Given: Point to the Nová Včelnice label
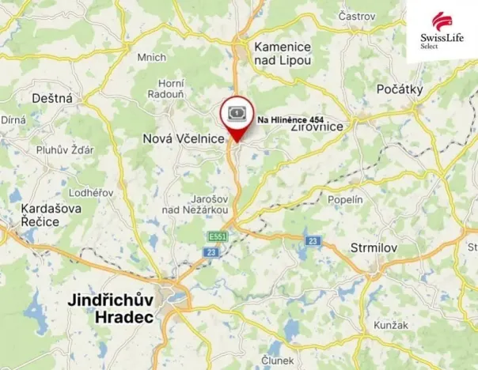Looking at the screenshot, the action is click(184, 138).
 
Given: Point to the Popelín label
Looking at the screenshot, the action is click(344, 200).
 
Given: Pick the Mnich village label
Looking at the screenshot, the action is click(151, 57).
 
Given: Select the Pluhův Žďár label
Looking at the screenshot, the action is click(65, 150).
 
